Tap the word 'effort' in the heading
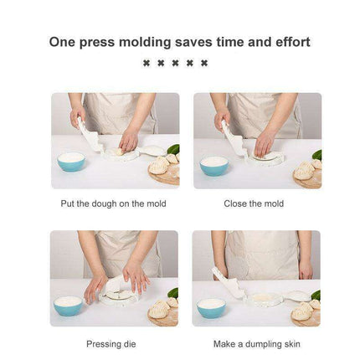[288, 42]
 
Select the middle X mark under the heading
[175, 63]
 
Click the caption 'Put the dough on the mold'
[113, 203]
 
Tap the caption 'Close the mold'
[254, 203]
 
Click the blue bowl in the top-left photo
[70, 162]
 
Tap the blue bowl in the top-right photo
[214, 164]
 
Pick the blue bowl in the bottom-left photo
[68, 306]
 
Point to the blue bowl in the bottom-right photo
[211, 307]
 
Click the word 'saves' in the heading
[193, 42]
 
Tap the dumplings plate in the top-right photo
[307, 172]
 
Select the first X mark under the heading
[147, 63]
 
